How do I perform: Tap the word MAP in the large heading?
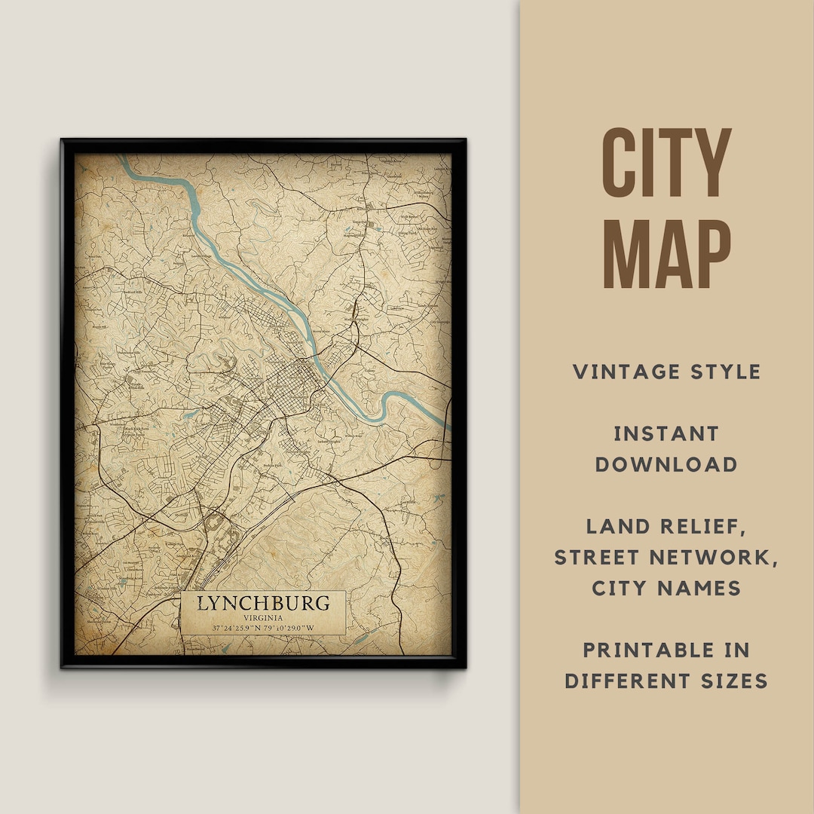pos(666,252)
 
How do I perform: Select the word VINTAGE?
pos(628,372)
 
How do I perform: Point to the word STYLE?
pos(725,372)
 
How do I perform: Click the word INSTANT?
pos(666,433)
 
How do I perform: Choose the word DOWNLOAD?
pos(666,464)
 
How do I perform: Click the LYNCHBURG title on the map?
pos(263,603)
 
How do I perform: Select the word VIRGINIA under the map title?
pos(263,618)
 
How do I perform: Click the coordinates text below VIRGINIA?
pos(263,628)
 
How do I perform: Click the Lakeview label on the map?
pos(396,309)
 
